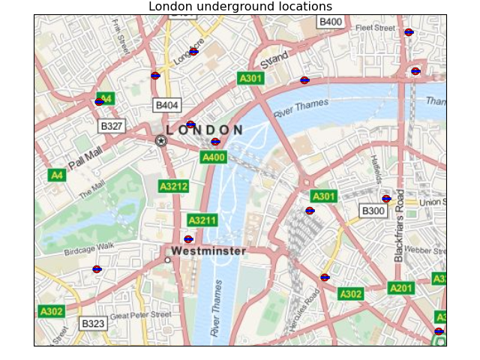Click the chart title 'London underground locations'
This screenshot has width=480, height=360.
click(240, 7)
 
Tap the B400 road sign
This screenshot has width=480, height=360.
click(331, 22)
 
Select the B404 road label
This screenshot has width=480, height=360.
click(166, 105)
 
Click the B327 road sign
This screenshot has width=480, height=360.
click(112, 126)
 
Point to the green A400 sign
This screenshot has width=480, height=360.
click(214, 157)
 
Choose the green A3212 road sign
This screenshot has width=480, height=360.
click(173, 186)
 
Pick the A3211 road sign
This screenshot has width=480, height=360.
click(202, 220)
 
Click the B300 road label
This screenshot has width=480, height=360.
click(373, 211)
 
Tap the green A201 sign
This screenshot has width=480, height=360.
click(401, 288)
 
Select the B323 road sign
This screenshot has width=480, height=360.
click(93, 324)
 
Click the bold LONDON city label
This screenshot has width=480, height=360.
click(205, 130)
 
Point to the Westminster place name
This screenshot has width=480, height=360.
click(208, 251)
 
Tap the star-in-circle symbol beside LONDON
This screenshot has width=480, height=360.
click(160, 140)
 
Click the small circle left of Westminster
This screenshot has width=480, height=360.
click(167, 260)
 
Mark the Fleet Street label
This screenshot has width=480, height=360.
click(375, 28)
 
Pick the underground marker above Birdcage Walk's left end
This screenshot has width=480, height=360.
click(97, 268)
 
